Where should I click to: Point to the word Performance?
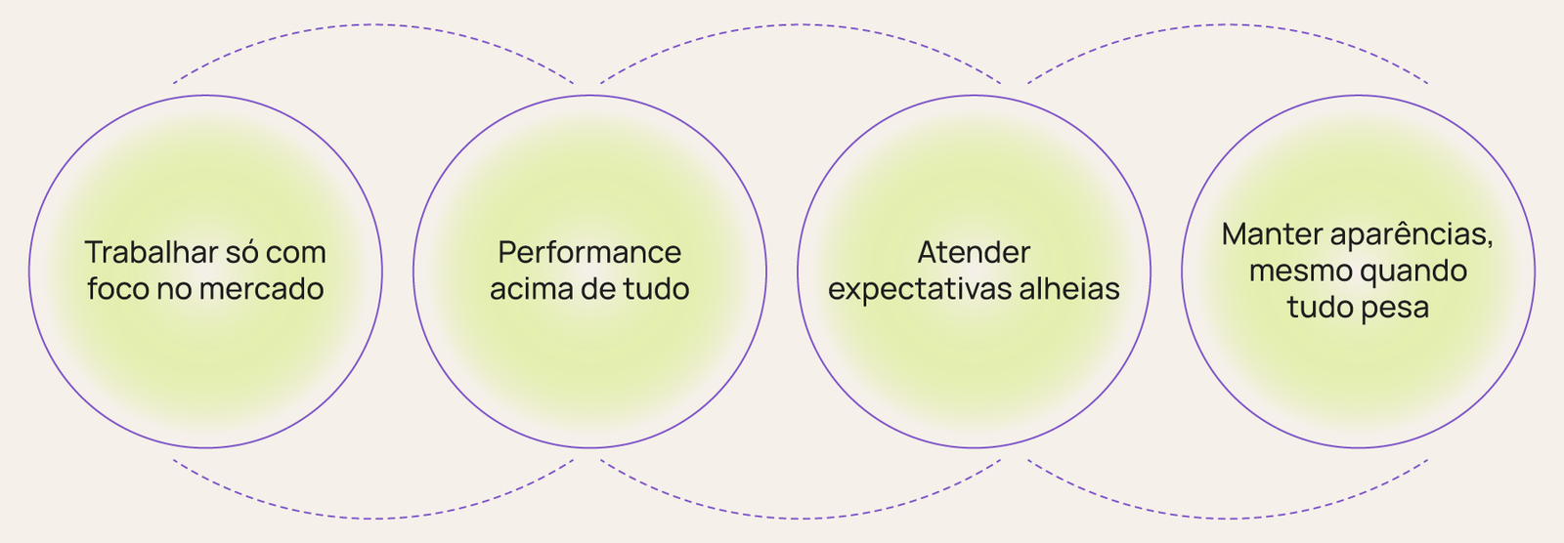tap(589, 252)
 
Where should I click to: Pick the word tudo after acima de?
tap(657, 289)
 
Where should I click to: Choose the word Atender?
tap(974, 252)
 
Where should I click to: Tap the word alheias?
tap(1071, 289)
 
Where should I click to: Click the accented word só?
tap(240, 252)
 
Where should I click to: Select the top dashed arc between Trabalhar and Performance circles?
tap(373, 25)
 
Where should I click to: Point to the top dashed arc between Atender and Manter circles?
tap(1228, 25)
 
